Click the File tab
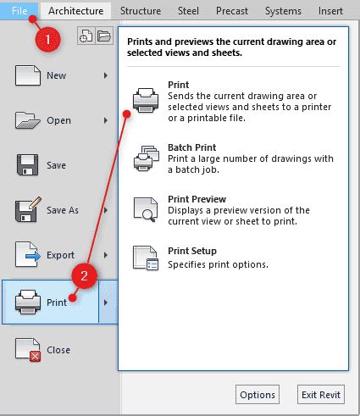click(x=19, y=10)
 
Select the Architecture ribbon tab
click(x=76, y=11)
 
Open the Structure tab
click(x=140, y=11)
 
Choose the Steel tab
click(x=188, y=11)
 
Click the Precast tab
click(x=232, y=11)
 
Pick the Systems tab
click(x=283, y=11)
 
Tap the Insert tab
click(x=330, y=11)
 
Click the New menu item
click(x=56, y=75)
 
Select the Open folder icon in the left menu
click(x=28, y=120)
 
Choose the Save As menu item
click(x=62, y=210)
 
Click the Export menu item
click(x=60, y=255)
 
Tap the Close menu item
click(x=58, y=350)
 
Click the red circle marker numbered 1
click(x=50, y=39)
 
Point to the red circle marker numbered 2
click(x=84, y=275)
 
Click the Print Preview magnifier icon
click(x=146, y=208)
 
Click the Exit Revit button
click(x=322, y=395)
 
